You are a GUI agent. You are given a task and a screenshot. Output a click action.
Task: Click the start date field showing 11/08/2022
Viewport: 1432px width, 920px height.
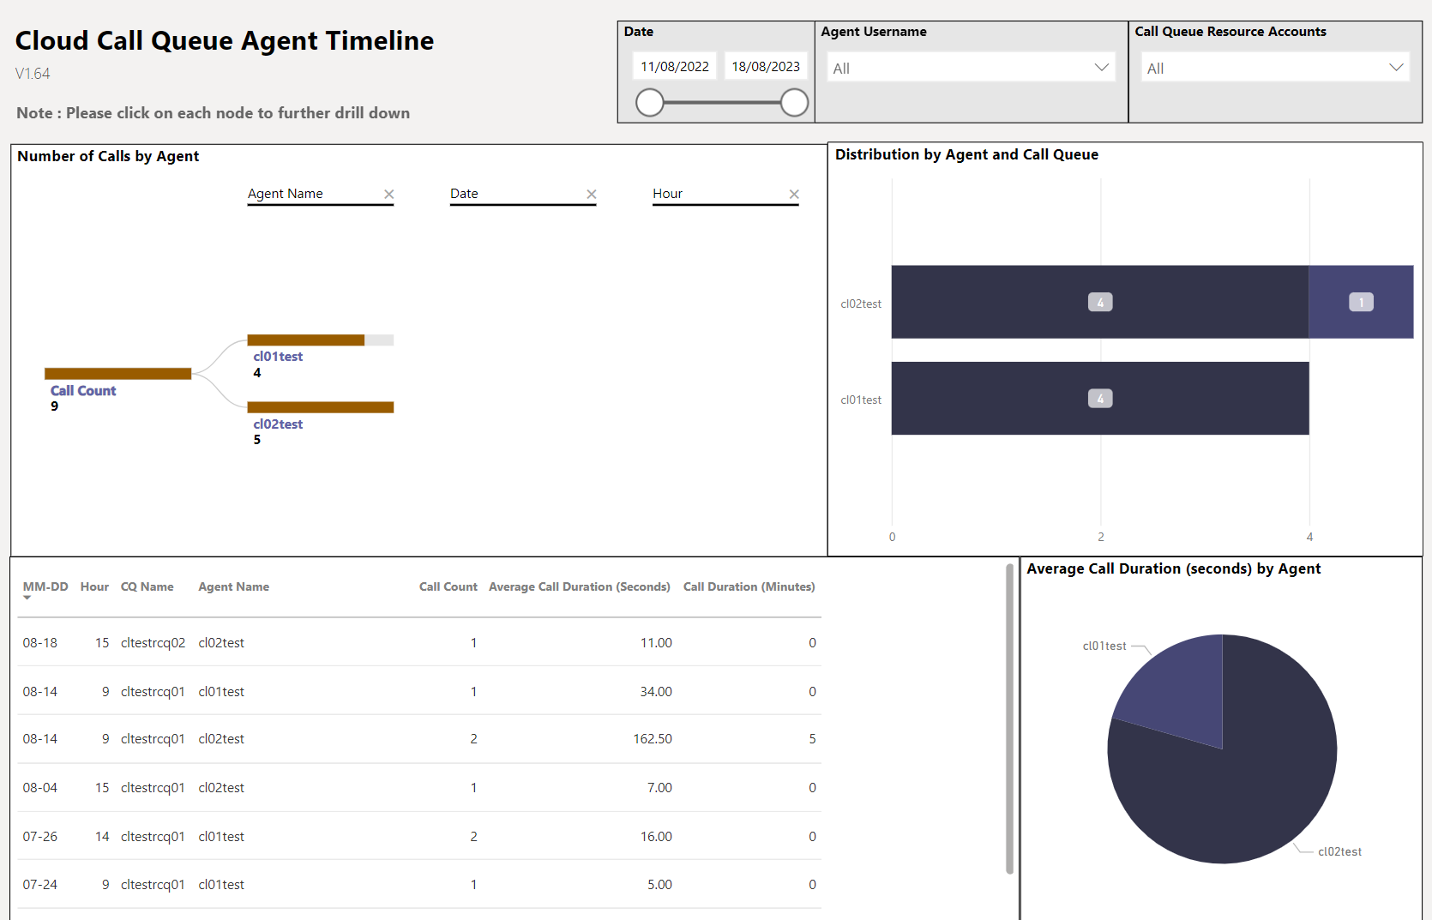[x=675, y=67]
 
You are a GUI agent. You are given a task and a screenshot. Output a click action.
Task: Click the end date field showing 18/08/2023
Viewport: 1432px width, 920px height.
[x=765, y=67]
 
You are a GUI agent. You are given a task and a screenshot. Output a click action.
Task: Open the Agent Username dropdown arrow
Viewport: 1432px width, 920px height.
[x=1101, y=68]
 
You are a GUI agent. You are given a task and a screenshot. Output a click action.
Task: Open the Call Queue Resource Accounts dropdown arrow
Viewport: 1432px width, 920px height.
[x=1396, y=68]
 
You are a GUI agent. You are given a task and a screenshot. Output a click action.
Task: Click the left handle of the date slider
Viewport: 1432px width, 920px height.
[x=650, y=103]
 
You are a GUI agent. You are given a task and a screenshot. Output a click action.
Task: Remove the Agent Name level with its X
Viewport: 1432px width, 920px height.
[x=388, y=195]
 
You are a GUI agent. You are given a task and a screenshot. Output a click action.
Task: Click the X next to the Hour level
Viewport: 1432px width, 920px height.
[x=794, y=195]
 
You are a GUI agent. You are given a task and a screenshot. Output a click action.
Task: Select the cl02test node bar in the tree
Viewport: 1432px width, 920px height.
[x=320, y=407]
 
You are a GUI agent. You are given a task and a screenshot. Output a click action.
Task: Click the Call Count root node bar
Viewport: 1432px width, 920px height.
[x=117, y=374]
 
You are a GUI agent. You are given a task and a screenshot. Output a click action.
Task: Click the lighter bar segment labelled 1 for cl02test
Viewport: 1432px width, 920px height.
[x=1361, y=302]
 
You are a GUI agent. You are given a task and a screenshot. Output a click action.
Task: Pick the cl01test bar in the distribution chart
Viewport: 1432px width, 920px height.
[x=1099, y=399]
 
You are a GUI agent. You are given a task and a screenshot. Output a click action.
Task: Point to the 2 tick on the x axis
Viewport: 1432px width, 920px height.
[x=1101, y=537]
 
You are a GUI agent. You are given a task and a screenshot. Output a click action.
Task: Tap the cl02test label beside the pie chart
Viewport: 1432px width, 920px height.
[x=1339, y=851]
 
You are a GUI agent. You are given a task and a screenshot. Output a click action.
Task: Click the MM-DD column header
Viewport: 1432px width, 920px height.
[x=45, y=587]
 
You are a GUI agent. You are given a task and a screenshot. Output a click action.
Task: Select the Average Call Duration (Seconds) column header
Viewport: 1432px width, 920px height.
[x=579, y=587]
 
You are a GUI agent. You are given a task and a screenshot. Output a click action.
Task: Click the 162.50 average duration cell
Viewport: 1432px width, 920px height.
[x=653, y=739]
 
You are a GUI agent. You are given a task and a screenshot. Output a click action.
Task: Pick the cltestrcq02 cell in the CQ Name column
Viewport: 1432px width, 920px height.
[x=153, y=643]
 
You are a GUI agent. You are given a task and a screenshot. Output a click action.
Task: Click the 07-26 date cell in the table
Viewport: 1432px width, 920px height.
[x=40, y=837]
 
